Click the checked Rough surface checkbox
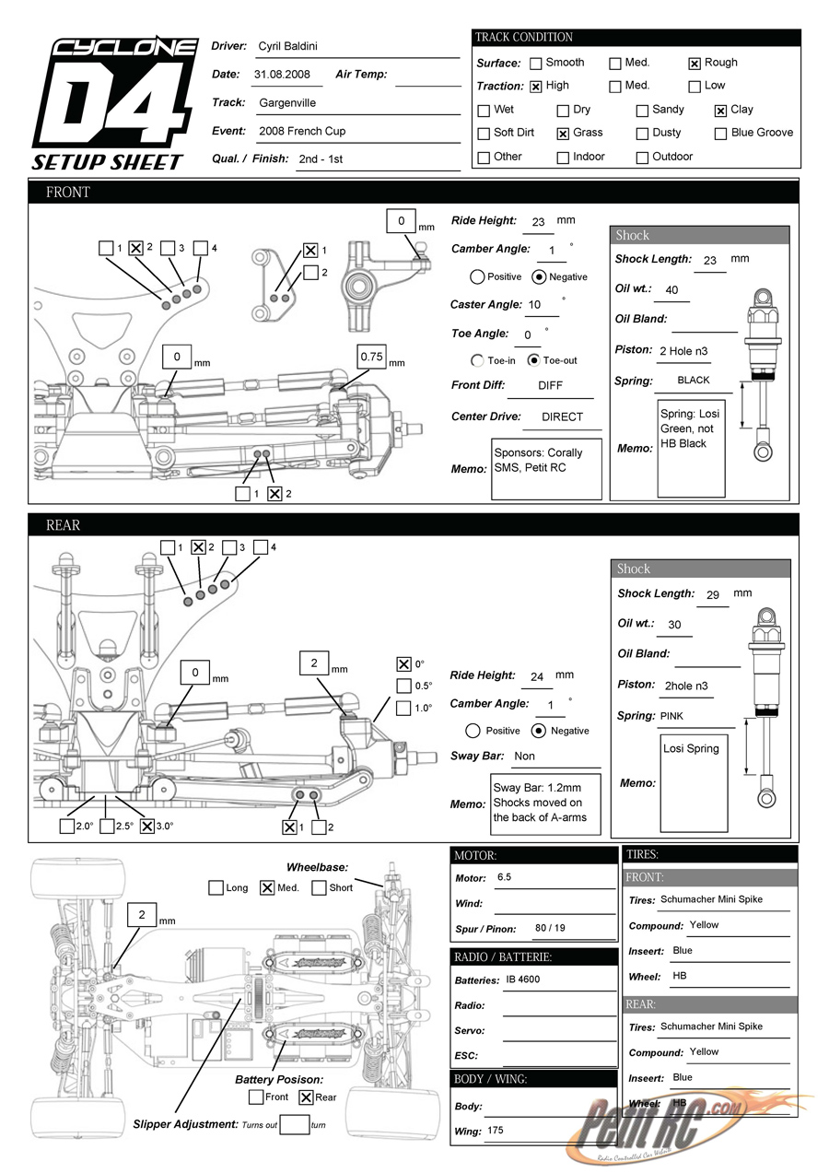click(695, 64)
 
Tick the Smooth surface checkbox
click(534, 64)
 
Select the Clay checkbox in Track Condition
click(720, 111)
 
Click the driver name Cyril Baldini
click(288, 46)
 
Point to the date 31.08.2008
click(281, 75)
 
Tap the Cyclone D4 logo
click(114, 103)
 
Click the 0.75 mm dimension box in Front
click(372, 357)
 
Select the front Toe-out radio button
click(533, 360)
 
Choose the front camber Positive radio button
click(477, 276)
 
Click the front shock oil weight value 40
click(671, 290)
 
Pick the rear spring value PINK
click(671, 716)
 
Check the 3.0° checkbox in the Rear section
click(146, 826)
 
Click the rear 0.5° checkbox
click(403, 686)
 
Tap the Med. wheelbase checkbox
click(267, 888)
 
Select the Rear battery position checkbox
click(307, 1097)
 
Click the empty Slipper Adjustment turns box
click(294, 1124)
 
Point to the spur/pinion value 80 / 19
click(550, 928)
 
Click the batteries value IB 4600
click(522, 979)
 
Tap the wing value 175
click(496, 1131)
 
